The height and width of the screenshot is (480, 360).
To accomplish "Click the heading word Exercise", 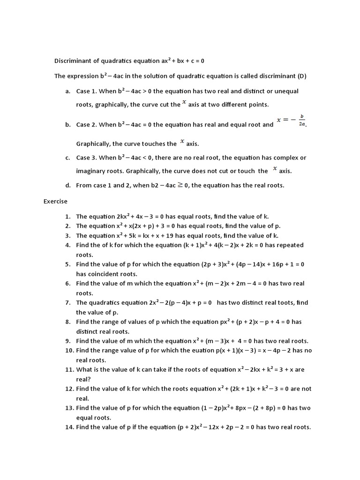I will pos(55,202).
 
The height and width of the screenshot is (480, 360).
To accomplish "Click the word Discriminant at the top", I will pos(73,61).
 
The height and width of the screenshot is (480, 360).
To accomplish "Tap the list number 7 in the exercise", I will pos(67,303).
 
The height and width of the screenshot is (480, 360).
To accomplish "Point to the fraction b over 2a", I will pos(302,120).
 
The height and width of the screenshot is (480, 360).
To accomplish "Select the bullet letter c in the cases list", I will pos(67,158).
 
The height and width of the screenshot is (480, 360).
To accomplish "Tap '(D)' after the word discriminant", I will pos(301,76).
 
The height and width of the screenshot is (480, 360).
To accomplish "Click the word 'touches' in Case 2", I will pos(152,144).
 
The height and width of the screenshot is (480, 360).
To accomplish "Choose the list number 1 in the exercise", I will pos(67,217).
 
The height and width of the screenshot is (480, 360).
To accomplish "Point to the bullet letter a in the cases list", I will pos(67,91).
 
